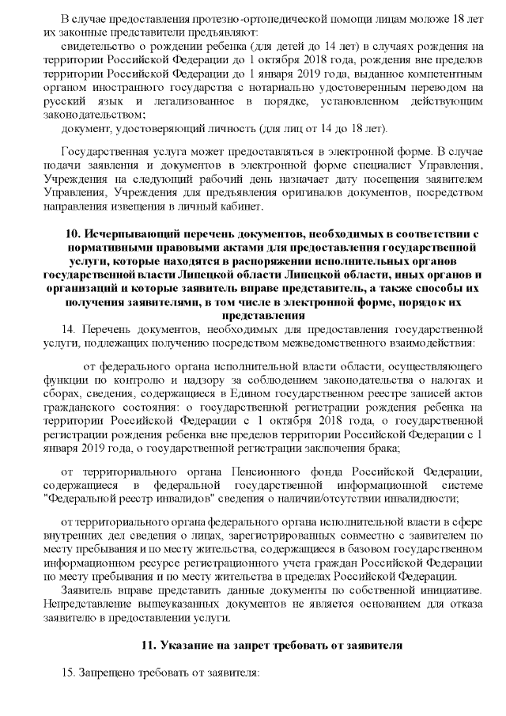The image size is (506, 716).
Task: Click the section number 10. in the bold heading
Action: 72,235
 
